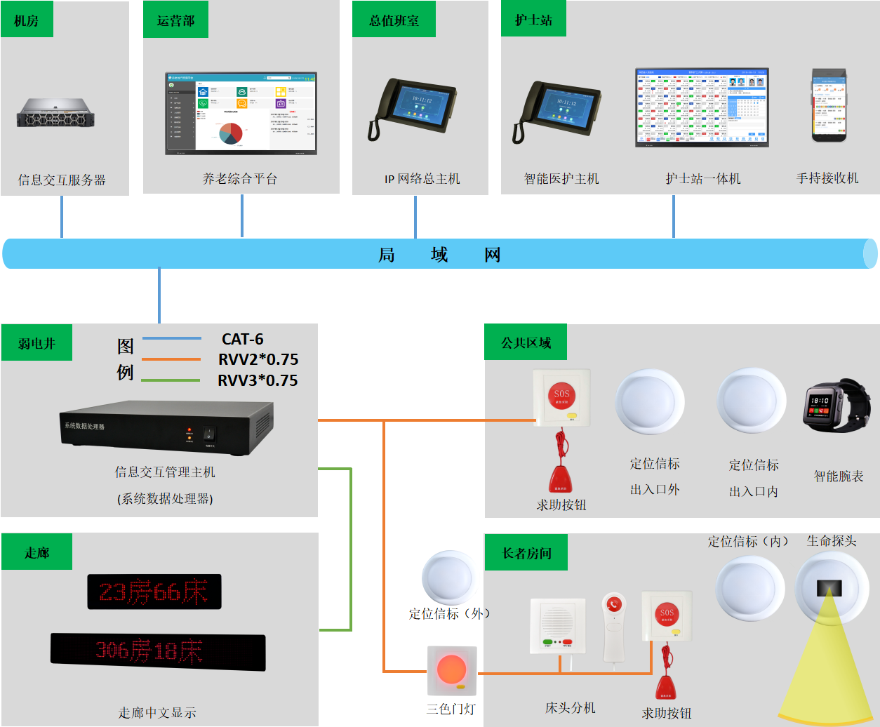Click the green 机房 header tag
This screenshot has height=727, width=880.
[27, 20]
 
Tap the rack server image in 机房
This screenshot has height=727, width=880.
[55, 112]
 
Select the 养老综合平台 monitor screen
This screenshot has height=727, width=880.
[241, 113]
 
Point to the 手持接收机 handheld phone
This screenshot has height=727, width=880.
[829, 105]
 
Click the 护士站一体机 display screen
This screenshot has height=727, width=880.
[702, 107]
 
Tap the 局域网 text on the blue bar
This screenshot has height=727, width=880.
[439, 255]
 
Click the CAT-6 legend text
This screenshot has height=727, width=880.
[242, 339]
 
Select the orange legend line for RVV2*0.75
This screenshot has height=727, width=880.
[171, 359]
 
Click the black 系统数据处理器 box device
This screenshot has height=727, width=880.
[166, 425]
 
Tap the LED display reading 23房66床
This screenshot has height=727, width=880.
[154, 592]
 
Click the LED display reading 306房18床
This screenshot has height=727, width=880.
[158, 652]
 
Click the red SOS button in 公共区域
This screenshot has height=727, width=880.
[561, 396]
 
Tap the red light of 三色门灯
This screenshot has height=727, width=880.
[451, 669]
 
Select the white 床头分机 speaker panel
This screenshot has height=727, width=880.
[558, 625]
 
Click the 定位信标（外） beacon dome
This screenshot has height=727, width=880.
[450, 578]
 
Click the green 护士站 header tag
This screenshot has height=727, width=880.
[533, 20]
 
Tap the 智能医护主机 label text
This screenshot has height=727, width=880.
[561, 179]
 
